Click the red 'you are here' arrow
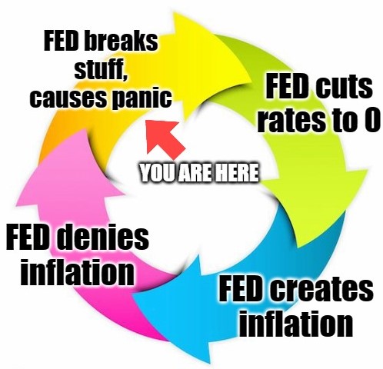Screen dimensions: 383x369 pyautogui.click(x=164, y=137)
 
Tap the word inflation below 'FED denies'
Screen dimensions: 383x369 pyautogui.click(x=78, y=271)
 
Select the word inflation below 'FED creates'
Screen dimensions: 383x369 pyautogui.click(x=296, y=323)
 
